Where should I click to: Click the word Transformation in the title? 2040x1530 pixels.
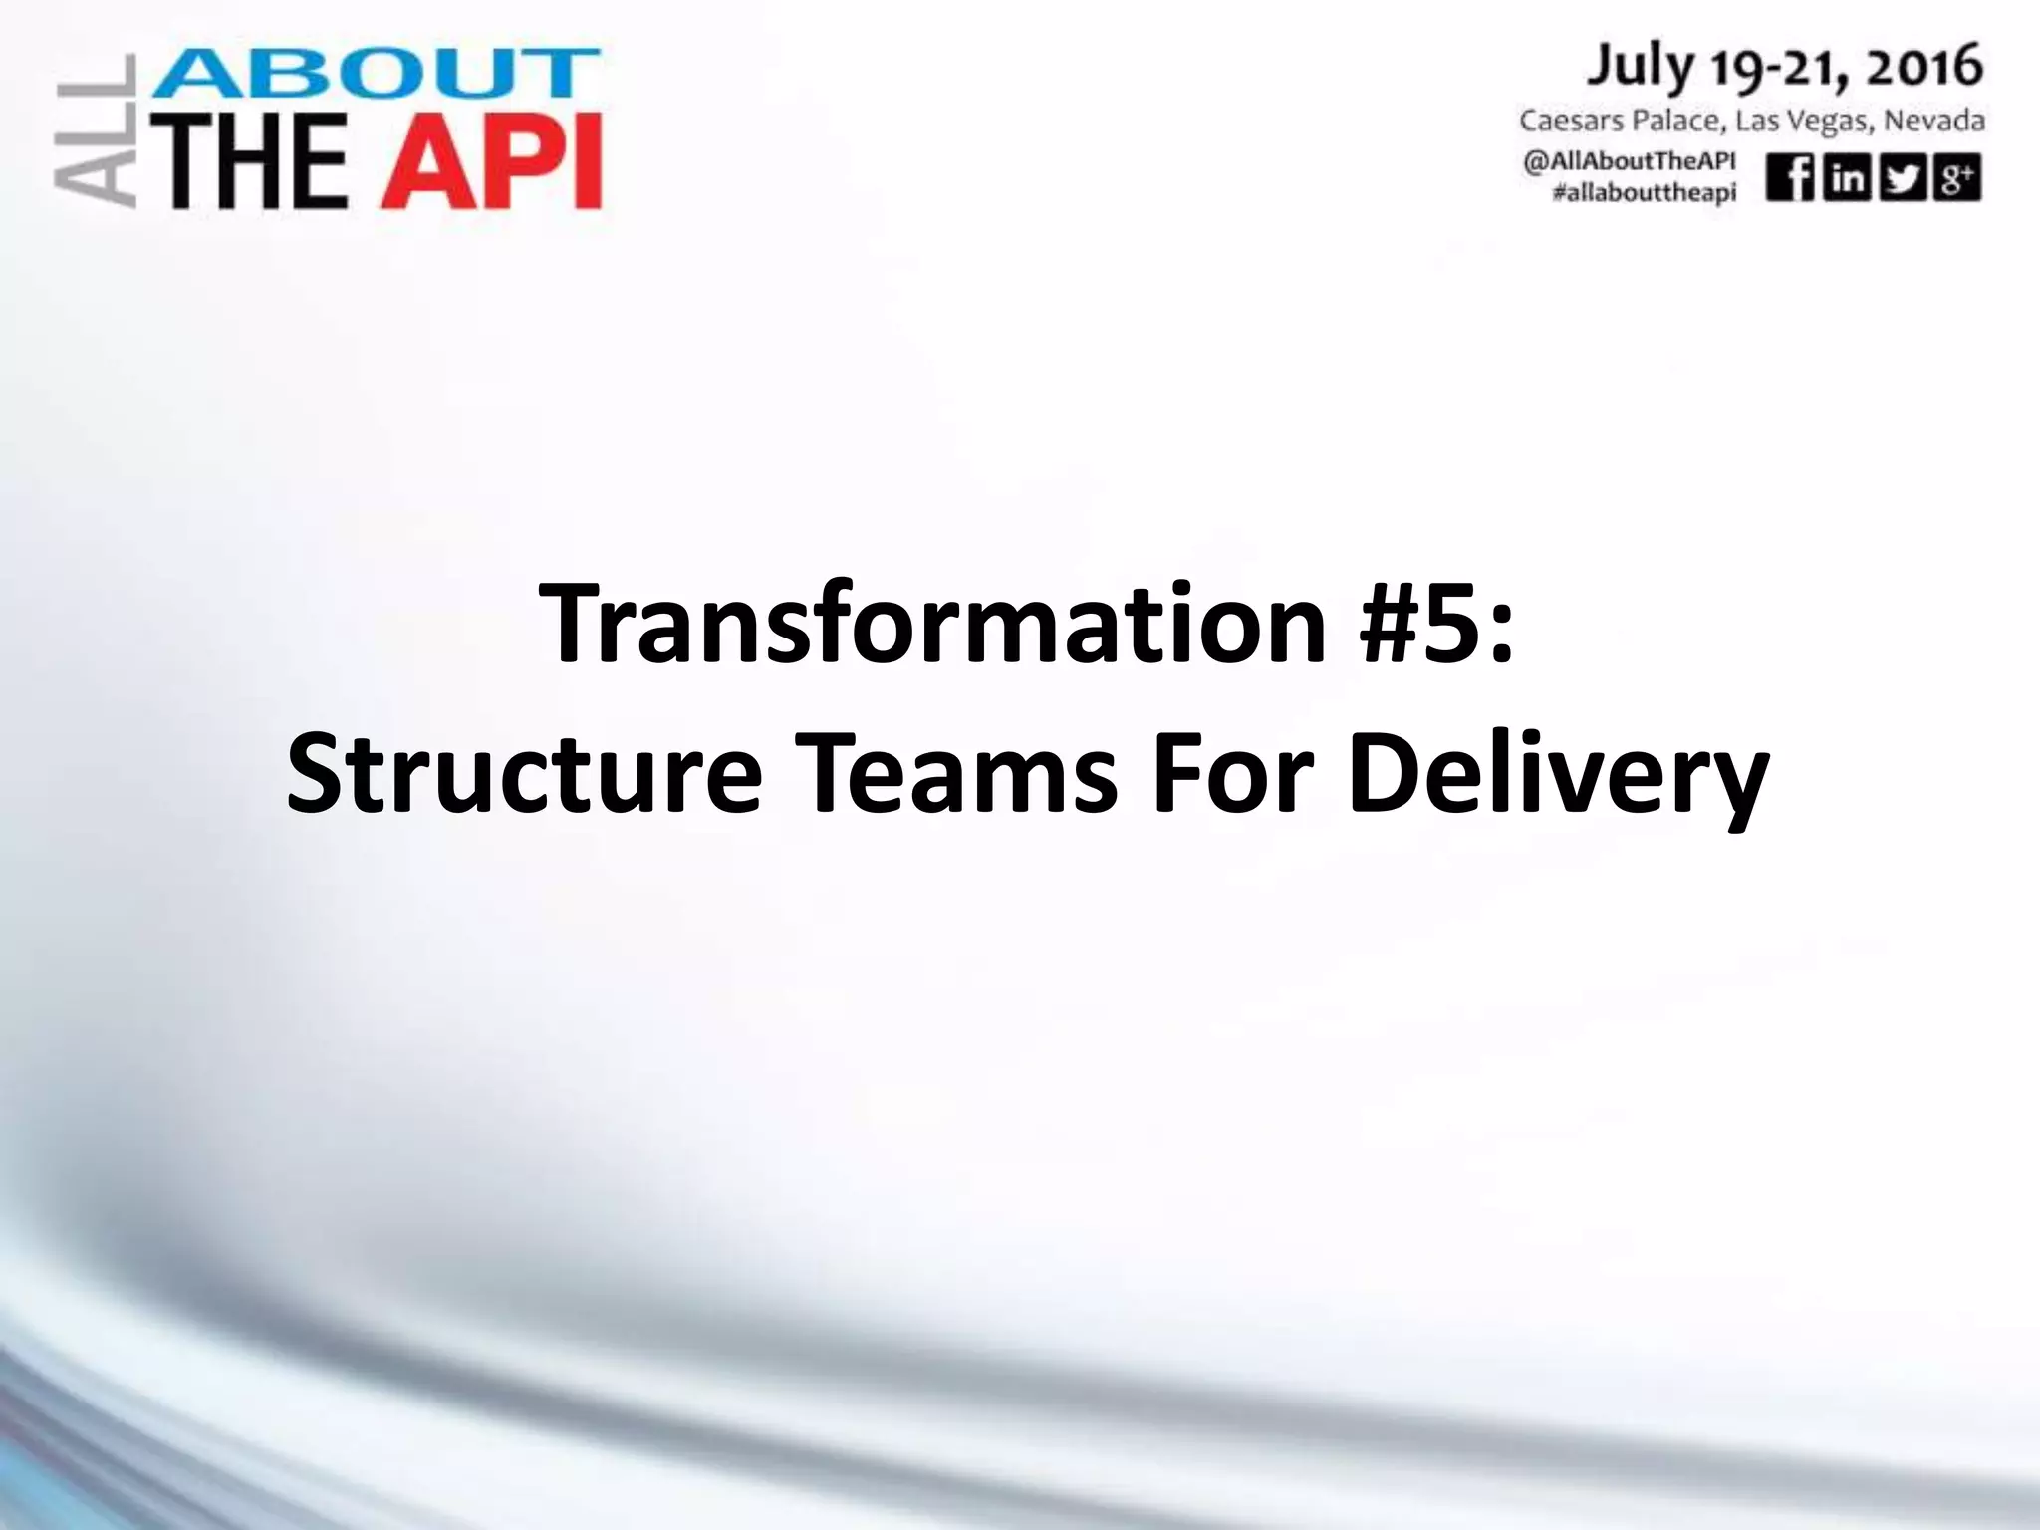click(x=932, y=624)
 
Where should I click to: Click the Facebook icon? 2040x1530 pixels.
click(x=1790, y=179)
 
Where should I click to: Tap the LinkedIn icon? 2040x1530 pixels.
click(x=1846, y=179)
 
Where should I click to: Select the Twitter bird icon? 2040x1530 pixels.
click(x=1902, y=179)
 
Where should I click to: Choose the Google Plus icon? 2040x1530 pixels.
click(x=1957, y=179)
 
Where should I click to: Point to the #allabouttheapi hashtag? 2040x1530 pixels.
click(x=1644, y=193)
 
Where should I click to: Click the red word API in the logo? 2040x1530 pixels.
click(x=491, y=159)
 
